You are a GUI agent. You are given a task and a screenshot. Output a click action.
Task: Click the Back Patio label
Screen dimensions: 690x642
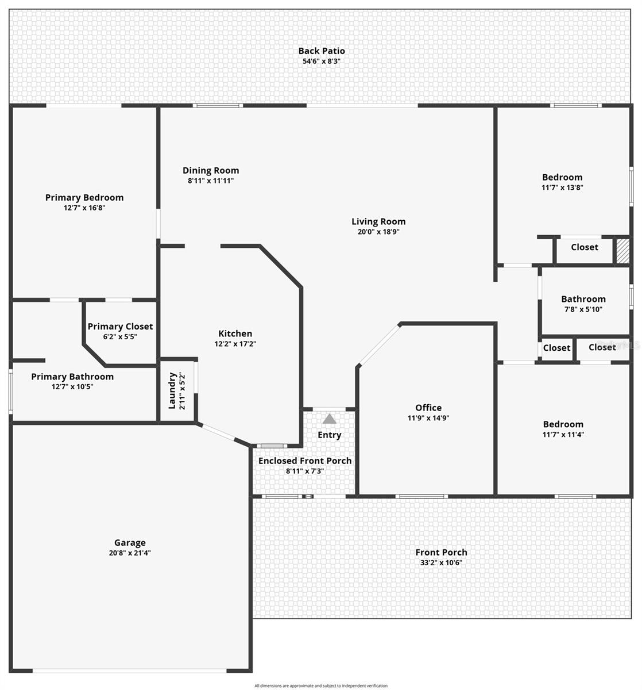pyautogui.click(x=321, y=51)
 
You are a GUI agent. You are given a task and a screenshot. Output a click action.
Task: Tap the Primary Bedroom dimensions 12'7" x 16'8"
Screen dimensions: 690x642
pyautogui.click(x=84, y=208)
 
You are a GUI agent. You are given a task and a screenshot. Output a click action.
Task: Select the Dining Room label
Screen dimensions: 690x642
pyautogui.click(x=211, y=170)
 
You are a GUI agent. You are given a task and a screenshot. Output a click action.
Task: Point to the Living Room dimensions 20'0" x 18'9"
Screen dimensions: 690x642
pyautogui.click(x=378, y=232)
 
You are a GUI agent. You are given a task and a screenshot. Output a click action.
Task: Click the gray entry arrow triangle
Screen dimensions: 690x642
pyautogui.click(x=329, y=419)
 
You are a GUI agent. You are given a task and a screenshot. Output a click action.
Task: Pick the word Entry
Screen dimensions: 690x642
pyautogui.click(x=329, y=435)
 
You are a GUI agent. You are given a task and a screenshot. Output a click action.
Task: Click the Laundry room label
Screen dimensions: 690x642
pyautogui.click(x=172, y=391)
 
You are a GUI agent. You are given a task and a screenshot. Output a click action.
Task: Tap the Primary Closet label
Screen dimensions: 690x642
pyautogui.click(x=120, y=327)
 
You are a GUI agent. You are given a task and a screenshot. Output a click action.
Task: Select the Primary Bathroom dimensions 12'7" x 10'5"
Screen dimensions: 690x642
pyautogui.click(x=72, y=387)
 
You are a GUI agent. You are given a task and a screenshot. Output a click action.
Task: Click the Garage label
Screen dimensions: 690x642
pyautogui.click(x=130, y=542)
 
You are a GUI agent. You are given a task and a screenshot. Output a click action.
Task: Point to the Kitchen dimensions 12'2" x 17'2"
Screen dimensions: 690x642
pyautogui.click(x=235, y=344)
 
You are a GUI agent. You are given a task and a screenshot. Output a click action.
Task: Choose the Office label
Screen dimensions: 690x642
pyautogui.click(x=428, y=408)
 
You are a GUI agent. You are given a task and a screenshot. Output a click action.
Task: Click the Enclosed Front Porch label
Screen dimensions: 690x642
pyautogui.click(x=305, y=461)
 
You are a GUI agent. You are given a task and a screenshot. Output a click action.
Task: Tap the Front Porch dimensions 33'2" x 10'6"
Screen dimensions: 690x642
pyautogui.click(x=441, y=563)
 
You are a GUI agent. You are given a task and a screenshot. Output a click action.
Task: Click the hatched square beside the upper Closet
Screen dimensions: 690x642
pyautogui.click(x=622, y=250)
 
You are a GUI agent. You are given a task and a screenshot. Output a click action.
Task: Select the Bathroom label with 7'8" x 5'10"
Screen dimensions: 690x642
pyautogui.click(x=583, y=299)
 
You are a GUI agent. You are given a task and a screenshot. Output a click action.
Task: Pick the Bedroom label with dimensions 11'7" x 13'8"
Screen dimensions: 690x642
pyautogui.click(x=562, y=177)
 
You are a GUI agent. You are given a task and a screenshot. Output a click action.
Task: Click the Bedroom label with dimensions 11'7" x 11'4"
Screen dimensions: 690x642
pyautogui.click(x=563, y=424)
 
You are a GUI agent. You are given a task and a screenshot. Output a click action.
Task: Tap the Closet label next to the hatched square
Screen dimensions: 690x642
pyautogui.click(x=584, y=247)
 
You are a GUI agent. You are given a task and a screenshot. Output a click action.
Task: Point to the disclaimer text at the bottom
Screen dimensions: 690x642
pyautogui.click(x=321, y=685)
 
